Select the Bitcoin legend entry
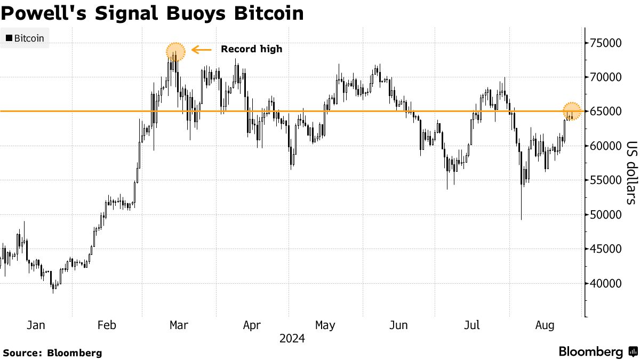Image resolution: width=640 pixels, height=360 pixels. [25, 38]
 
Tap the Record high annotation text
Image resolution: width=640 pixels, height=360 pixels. [251, 49]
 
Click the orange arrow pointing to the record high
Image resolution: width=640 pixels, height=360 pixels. [202, 50]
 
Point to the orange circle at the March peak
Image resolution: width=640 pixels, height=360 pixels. [175, 52]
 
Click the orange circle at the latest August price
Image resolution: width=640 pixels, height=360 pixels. [572, 111]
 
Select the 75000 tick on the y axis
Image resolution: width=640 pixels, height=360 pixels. [609, 43]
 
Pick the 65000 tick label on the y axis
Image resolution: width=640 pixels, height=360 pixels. [609, 111]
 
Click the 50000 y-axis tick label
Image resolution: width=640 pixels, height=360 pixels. [609, 214]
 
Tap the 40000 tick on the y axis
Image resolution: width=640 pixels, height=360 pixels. [609, 283]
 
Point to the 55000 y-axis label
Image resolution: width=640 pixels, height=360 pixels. [609, 180]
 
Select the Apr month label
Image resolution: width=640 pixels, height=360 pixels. [252, 325]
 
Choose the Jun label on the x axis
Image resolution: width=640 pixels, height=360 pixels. [398, 325]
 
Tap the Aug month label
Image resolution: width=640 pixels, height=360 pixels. [545, 325]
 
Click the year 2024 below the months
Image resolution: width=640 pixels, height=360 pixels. [291, 339]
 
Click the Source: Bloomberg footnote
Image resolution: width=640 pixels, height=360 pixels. [52, 353]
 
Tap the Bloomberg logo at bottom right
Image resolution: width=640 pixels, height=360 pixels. [597, 352]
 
